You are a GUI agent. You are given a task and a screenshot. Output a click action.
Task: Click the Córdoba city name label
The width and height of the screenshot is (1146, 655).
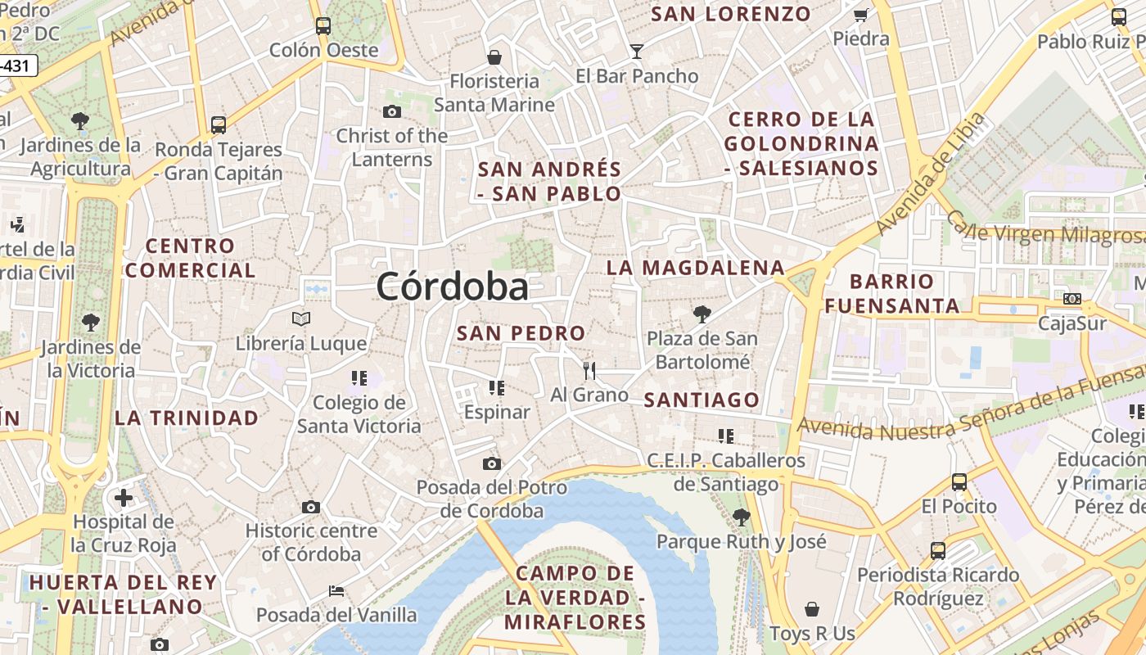point(452,287)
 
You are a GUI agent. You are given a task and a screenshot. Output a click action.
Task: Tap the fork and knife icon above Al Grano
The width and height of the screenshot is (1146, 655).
point(589,370)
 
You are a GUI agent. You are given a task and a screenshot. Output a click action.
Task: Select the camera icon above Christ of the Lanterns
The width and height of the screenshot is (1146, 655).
point(392,111)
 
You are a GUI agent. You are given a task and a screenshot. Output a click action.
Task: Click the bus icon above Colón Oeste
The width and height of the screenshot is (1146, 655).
point(323,25)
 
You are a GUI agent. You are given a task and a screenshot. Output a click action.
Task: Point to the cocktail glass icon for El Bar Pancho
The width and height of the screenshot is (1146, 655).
point(637,52)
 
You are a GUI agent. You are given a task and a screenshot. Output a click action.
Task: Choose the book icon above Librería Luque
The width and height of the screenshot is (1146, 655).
point(301,318)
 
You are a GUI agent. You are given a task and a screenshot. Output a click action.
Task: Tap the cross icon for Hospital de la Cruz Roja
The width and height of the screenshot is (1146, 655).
point(123,497)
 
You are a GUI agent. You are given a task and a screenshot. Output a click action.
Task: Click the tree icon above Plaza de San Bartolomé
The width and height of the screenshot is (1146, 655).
point(702,314)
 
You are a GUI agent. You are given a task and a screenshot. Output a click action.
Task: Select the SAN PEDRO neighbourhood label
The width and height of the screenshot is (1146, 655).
point(521,333)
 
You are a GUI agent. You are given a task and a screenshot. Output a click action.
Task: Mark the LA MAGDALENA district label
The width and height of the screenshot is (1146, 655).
point(696,268)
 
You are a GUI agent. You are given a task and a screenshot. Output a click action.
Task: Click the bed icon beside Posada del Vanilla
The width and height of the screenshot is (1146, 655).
point(336,590)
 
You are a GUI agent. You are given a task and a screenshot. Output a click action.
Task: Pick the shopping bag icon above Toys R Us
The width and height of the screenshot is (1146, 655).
point(812,609)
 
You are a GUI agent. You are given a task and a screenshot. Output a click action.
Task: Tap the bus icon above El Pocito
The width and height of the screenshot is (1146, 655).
point(959,482)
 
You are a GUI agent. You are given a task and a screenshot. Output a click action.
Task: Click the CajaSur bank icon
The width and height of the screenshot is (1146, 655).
point(1072,299)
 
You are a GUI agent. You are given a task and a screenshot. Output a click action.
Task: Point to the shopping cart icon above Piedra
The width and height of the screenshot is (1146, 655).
point(860,15)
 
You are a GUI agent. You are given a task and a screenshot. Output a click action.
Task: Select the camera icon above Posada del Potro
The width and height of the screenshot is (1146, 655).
point(491,464)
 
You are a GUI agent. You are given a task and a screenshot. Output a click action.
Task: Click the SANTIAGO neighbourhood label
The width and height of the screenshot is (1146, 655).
point(702,400)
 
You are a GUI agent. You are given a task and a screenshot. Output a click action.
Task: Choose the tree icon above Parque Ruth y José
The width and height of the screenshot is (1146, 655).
point(742,517)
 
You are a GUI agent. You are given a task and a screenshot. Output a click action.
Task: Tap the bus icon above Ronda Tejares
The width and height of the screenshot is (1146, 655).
point(219,125)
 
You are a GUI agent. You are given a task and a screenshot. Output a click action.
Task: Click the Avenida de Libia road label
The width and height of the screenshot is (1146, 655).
point(930,173)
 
